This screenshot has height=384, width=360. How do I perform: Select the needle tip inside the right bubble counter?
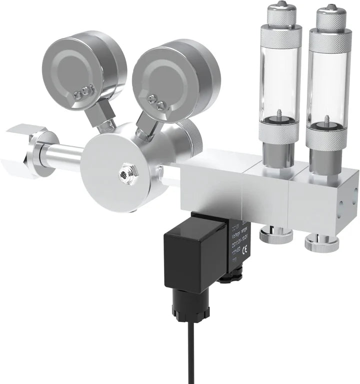pos(327,118)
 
